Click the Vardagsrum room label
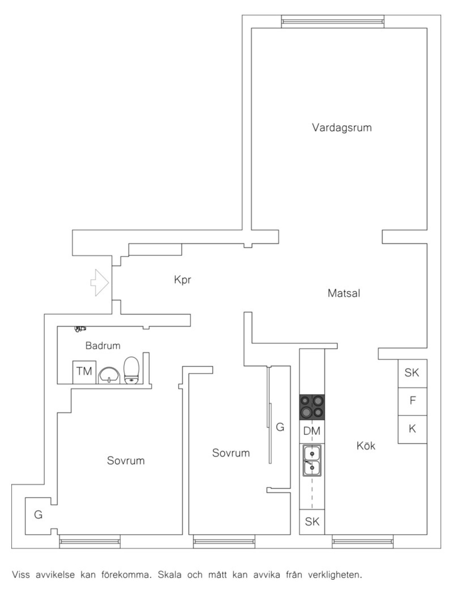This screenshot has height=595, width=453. tap(341, 127)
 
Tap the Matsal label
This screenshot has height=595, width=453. tap(344, 293)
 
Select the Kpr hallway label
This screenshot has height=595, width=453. tap(183, 280)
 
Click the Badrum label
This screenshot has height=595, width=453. tap(103, 345)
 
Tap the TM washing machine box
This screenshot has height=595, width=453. tap(84, 372)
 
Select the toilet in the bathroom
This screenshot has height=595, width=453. tap(132, 370)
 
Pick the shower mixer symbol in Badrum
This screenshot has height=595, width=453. tap(80, 329)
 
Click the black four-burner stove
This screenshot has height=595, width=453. tap(312, 407)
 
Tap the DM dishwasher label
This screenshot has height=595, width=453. tap(312, 431)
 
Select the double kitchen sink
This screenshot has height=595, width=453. tap(312, 460)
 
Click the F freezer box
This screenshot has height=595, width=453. tap(412, 401)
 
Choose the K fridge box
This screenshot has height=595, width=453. tap(412, 429)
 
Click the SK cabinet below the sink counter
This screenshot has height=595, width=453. tap(312, 521)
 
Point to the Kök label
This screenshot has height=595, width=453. tap(366, 446)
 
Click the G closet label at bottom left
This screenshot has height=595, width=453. tap(38, 515)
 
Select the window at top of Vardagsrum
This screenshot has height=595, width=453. tap(333, 21)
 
